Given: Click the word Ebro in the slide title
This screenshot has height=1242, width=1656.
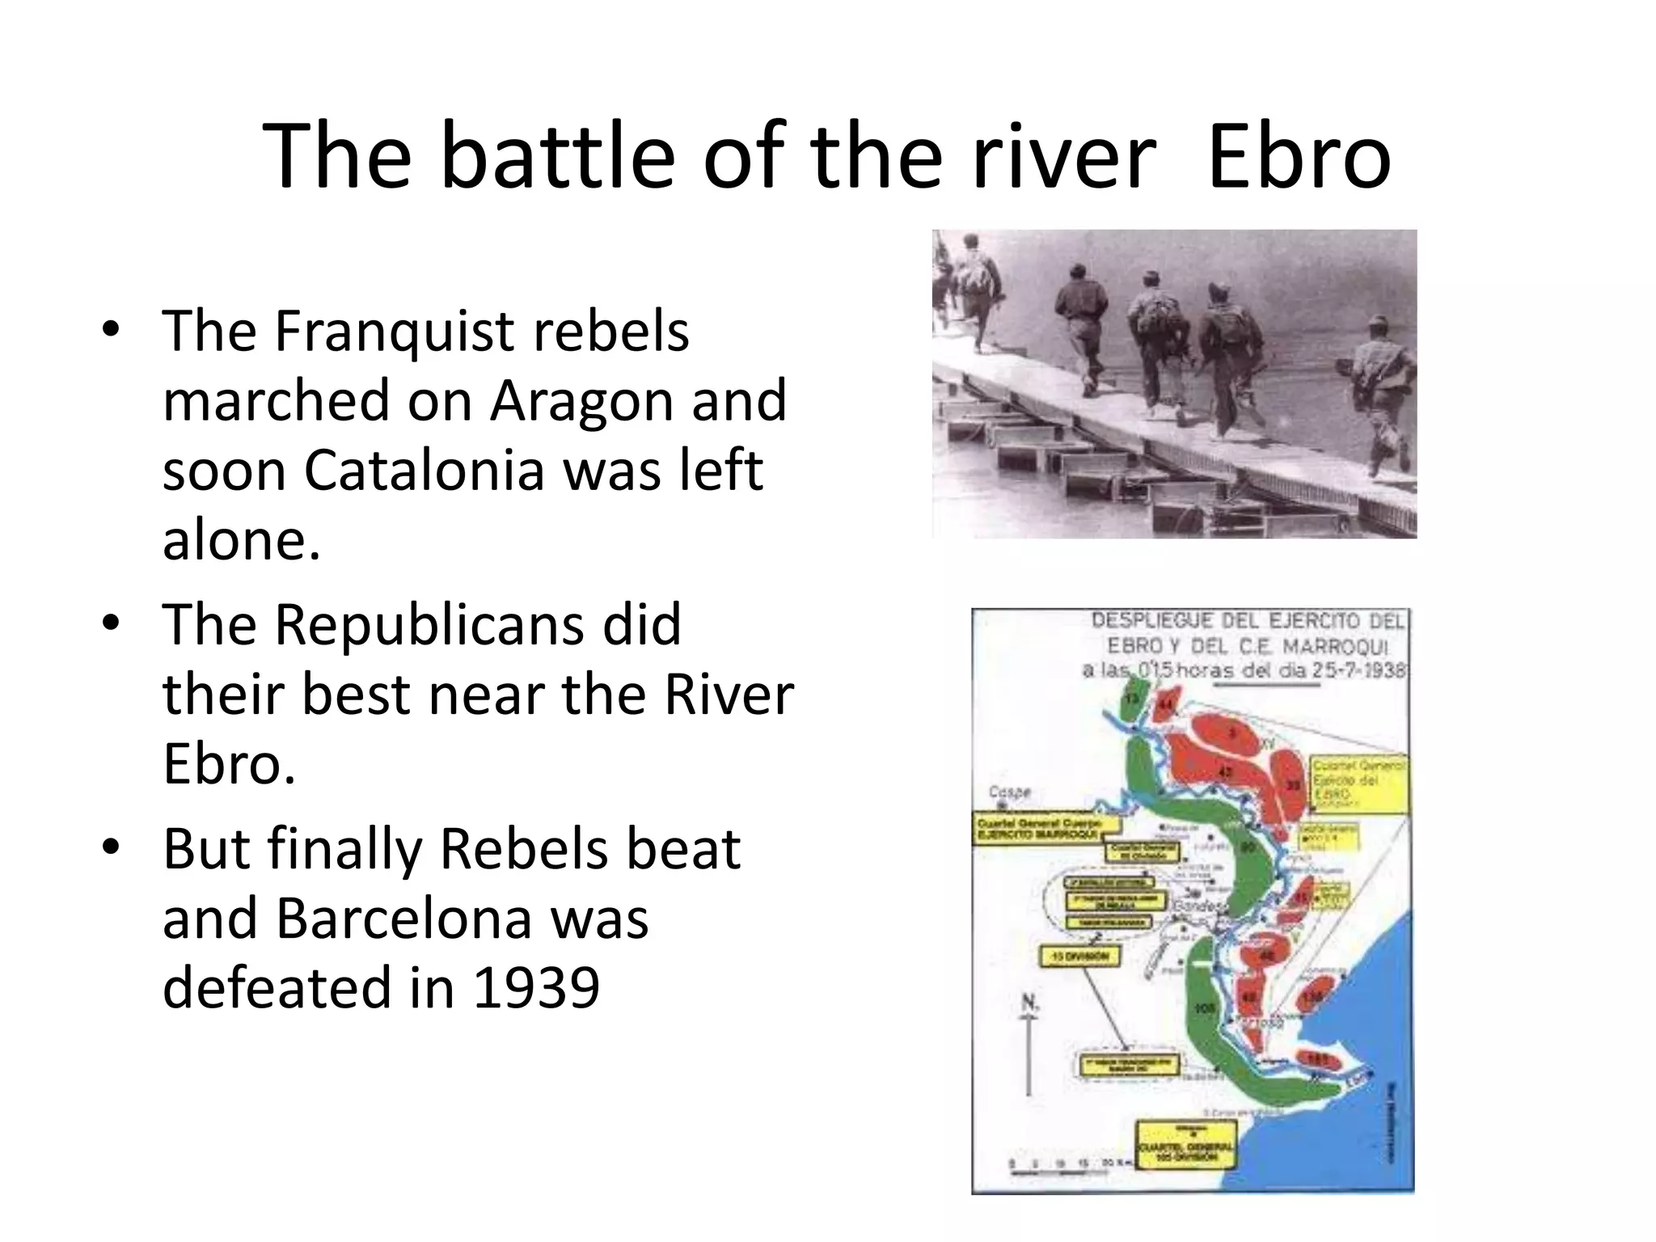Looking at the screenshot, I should pyautogui.click(x=1299, y=156).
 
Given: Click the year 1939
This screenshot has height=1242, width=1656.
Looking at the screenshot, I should pyautogui.click(x=535, y=988).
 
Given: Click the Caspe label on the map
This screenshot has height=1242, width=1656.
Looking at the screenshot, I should pyautogui.click(x=1010, y=792).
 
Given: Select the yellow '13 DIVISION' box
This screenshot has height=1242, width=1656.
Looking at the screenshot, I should pyautogui.click(x=1079, y=957).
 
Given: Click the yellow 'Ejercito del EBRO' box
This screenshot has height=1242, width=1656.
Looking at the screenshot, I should pyautogui.click(x=1358, y=781).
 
